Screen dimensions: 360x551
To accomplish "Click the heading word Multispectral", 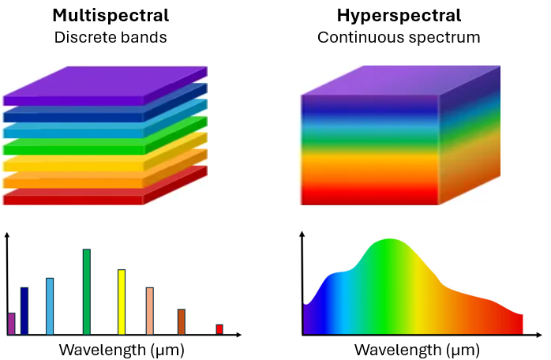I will pyautogui.click(x=111, y=16).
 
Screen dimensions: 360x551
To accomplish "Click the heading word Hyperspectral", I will pyautogui.click(x=399, y=16).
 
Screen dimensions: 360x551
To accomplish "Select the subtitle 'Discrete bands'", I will pyautogui.click(x=111, y=37).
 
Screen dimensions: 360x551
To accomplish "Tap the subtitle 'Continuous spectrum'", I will pyautogui.click(x=399, y=37).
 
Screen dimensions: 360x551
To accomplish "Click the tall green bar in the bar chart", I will pyautogui.click(x=86, y=292).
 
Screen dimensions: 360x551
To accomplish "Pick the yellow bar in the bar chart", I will pyautogui.click(x=122, y=302).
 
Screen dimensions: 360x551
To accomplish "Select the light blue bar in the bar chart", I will pyautogui.click(x=50, y=306).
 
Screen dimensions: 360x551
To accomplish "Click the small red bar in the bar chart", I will pyautogui.click(x=219, y=329).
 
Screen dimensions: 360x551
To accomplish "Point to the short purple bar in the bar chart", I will pyautogui.click(x=11, y=324).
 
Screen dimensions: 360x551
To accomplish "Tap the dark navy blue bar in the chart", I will pyautogui.click(x=24, y=311).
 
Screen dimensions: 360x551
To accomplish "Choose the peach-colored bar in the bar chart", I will pyautogui.click(x=150, y=311).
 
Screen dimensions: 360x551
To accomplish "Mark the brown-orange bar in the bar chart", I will pyautogui.click(x=181, y=322).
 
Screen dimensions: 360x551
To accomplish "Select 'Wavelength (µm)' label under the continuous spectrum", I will pyautogui.click(x=417, y=348).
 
